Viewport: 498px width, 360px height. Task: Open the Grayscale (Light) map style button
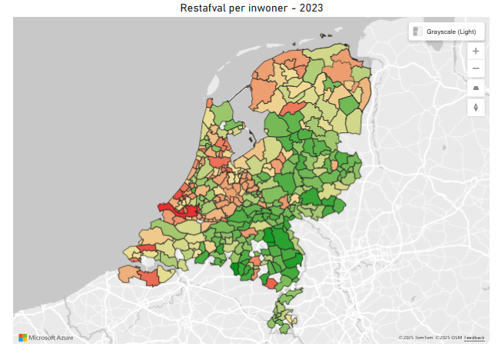[x=446, y=32]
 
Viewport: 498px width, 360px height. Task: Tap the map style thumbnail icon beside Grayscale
[x=417, y=32]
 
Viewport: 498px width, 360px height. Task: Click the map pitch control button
[x=476, y=88]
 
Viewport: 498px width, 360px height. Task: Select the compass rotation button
[x=476, y=107]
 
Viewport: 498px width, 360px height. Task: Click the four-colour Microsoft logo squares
[x=22, y=338]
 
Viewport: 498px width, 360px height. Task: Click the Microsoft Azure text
[x=50, y=338]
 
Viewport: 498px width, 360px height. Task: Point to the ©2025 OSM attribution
[x=449, y=338]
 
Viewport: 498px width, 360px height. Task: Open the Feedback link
[x=474, y=338]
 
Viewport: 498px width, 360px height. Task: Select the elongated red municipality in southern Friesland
[x=290, y=109]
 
